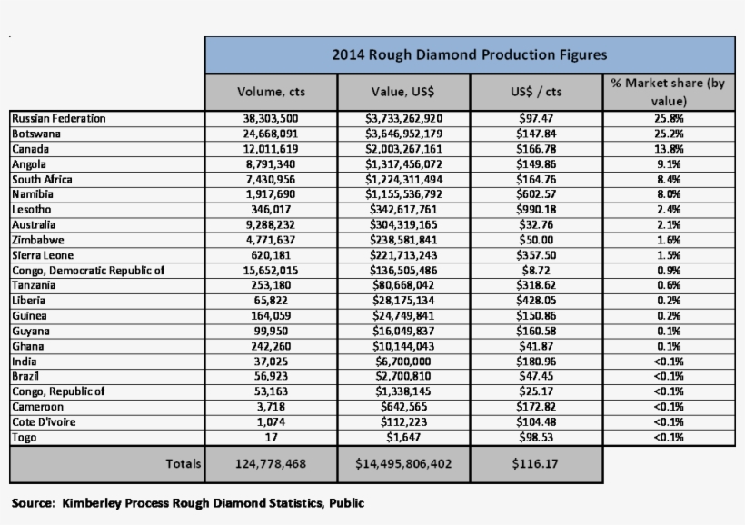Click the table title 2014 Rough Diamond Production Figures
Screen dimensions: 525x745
point(469,54)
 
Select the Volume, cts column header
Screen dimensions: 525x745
point(271,92)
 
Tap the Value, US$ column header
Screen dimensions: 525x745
point(403,92)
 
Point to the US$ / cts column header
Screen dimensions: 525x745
point(536,92)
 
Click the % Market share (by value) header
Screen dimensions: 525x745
point(668,92)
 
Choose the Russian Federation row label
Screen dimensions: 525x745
point(59,118)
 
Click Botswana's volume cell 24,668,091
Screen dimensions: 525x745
point(271,134)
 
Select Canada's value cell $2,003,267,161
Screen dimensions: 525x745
point(403,149)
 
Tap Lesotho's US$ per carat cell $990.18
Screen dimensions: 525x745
point(536,210)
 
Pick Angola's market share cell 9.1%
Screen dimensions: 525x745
point(668,164)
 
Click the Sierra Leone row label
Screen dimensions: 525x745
point(42,255)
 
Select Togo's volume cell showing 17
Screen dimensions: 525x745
point(271,438)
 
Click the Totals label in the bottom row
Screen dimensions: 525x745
point(184,464)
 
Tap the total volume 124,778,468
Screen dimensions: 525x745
point(271,464)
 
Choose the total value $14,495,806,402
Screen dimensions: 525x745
point(403,464)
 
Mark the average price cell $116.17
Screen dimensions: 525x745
point(536,464)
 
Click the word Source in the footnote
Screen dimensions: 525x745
point(32,501)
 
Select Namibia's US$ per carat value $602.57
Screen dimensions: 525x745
point(536,194)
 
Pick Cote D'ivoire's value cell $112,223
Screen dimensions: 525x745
point(403,422)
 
